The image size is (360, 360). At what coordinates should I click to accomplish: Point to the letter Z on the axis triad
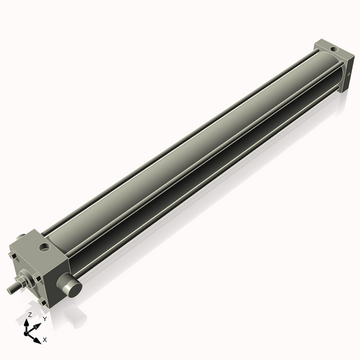click(x=30, y=315)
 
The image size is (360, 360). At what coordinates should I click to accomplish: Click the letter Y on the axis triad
click(x=45, y=318)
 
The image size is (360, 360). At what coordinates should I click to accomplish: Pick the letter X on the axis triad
click(x=45, y=338)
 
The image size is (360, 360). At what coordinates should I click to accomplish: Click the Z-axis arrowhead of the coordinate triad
click(x=29, y=323)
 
